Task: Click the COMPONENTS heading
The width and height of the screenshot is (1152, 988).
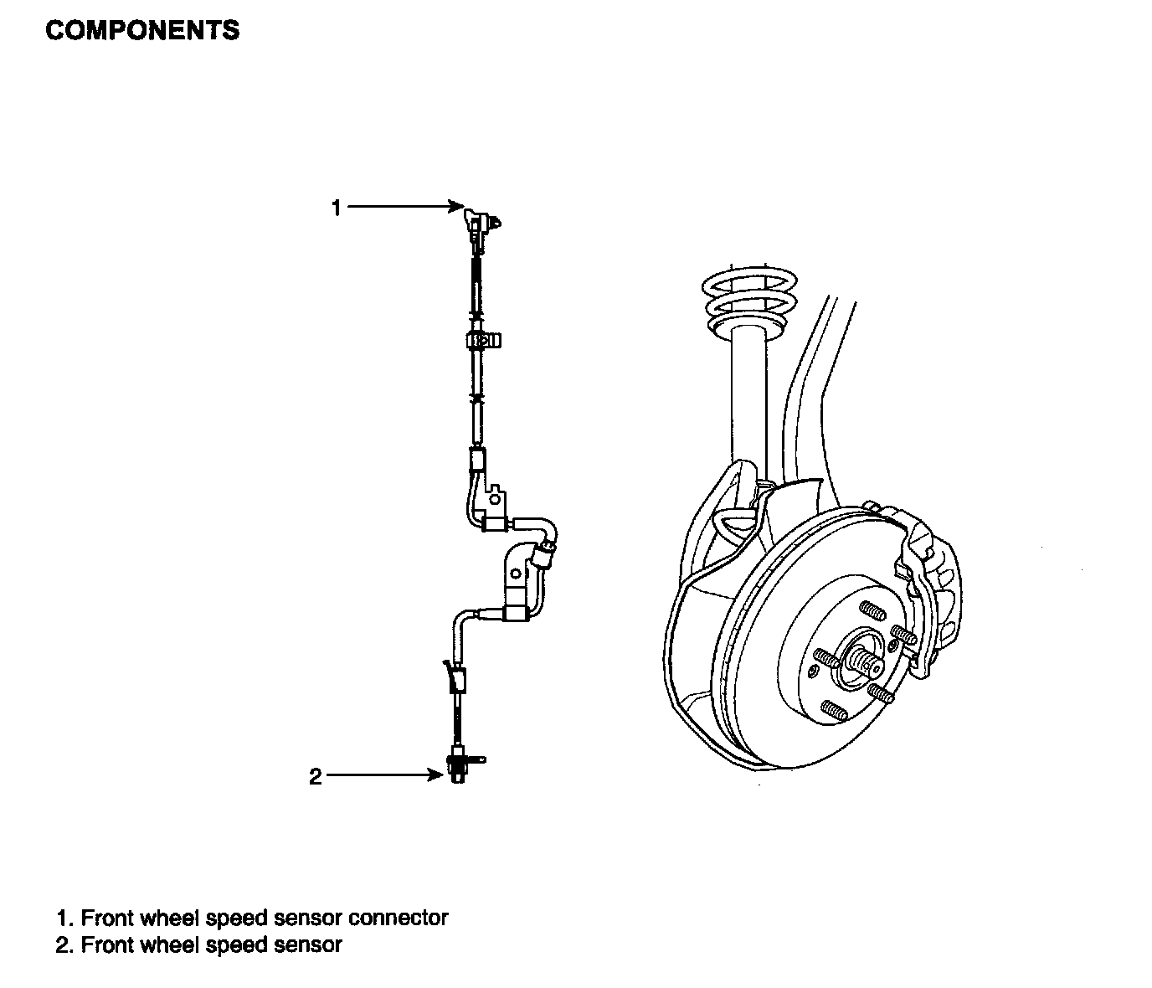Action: pyautogui.click(x=142, y=30)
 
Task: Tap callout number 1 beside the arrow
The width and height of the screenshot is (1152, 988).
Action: pyautogui.click(x=336, y=208)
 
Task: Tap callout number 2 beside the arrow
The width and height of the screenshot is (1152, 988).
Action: pyautogui.click(x=316, y=776)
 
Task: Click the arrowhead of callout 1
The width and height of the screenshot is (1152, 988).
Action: pyautogui.click(x=457, y=207)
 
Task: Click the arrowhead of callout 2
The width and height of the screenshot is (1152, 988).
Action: pyautogui.click(x=436, y=774)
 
